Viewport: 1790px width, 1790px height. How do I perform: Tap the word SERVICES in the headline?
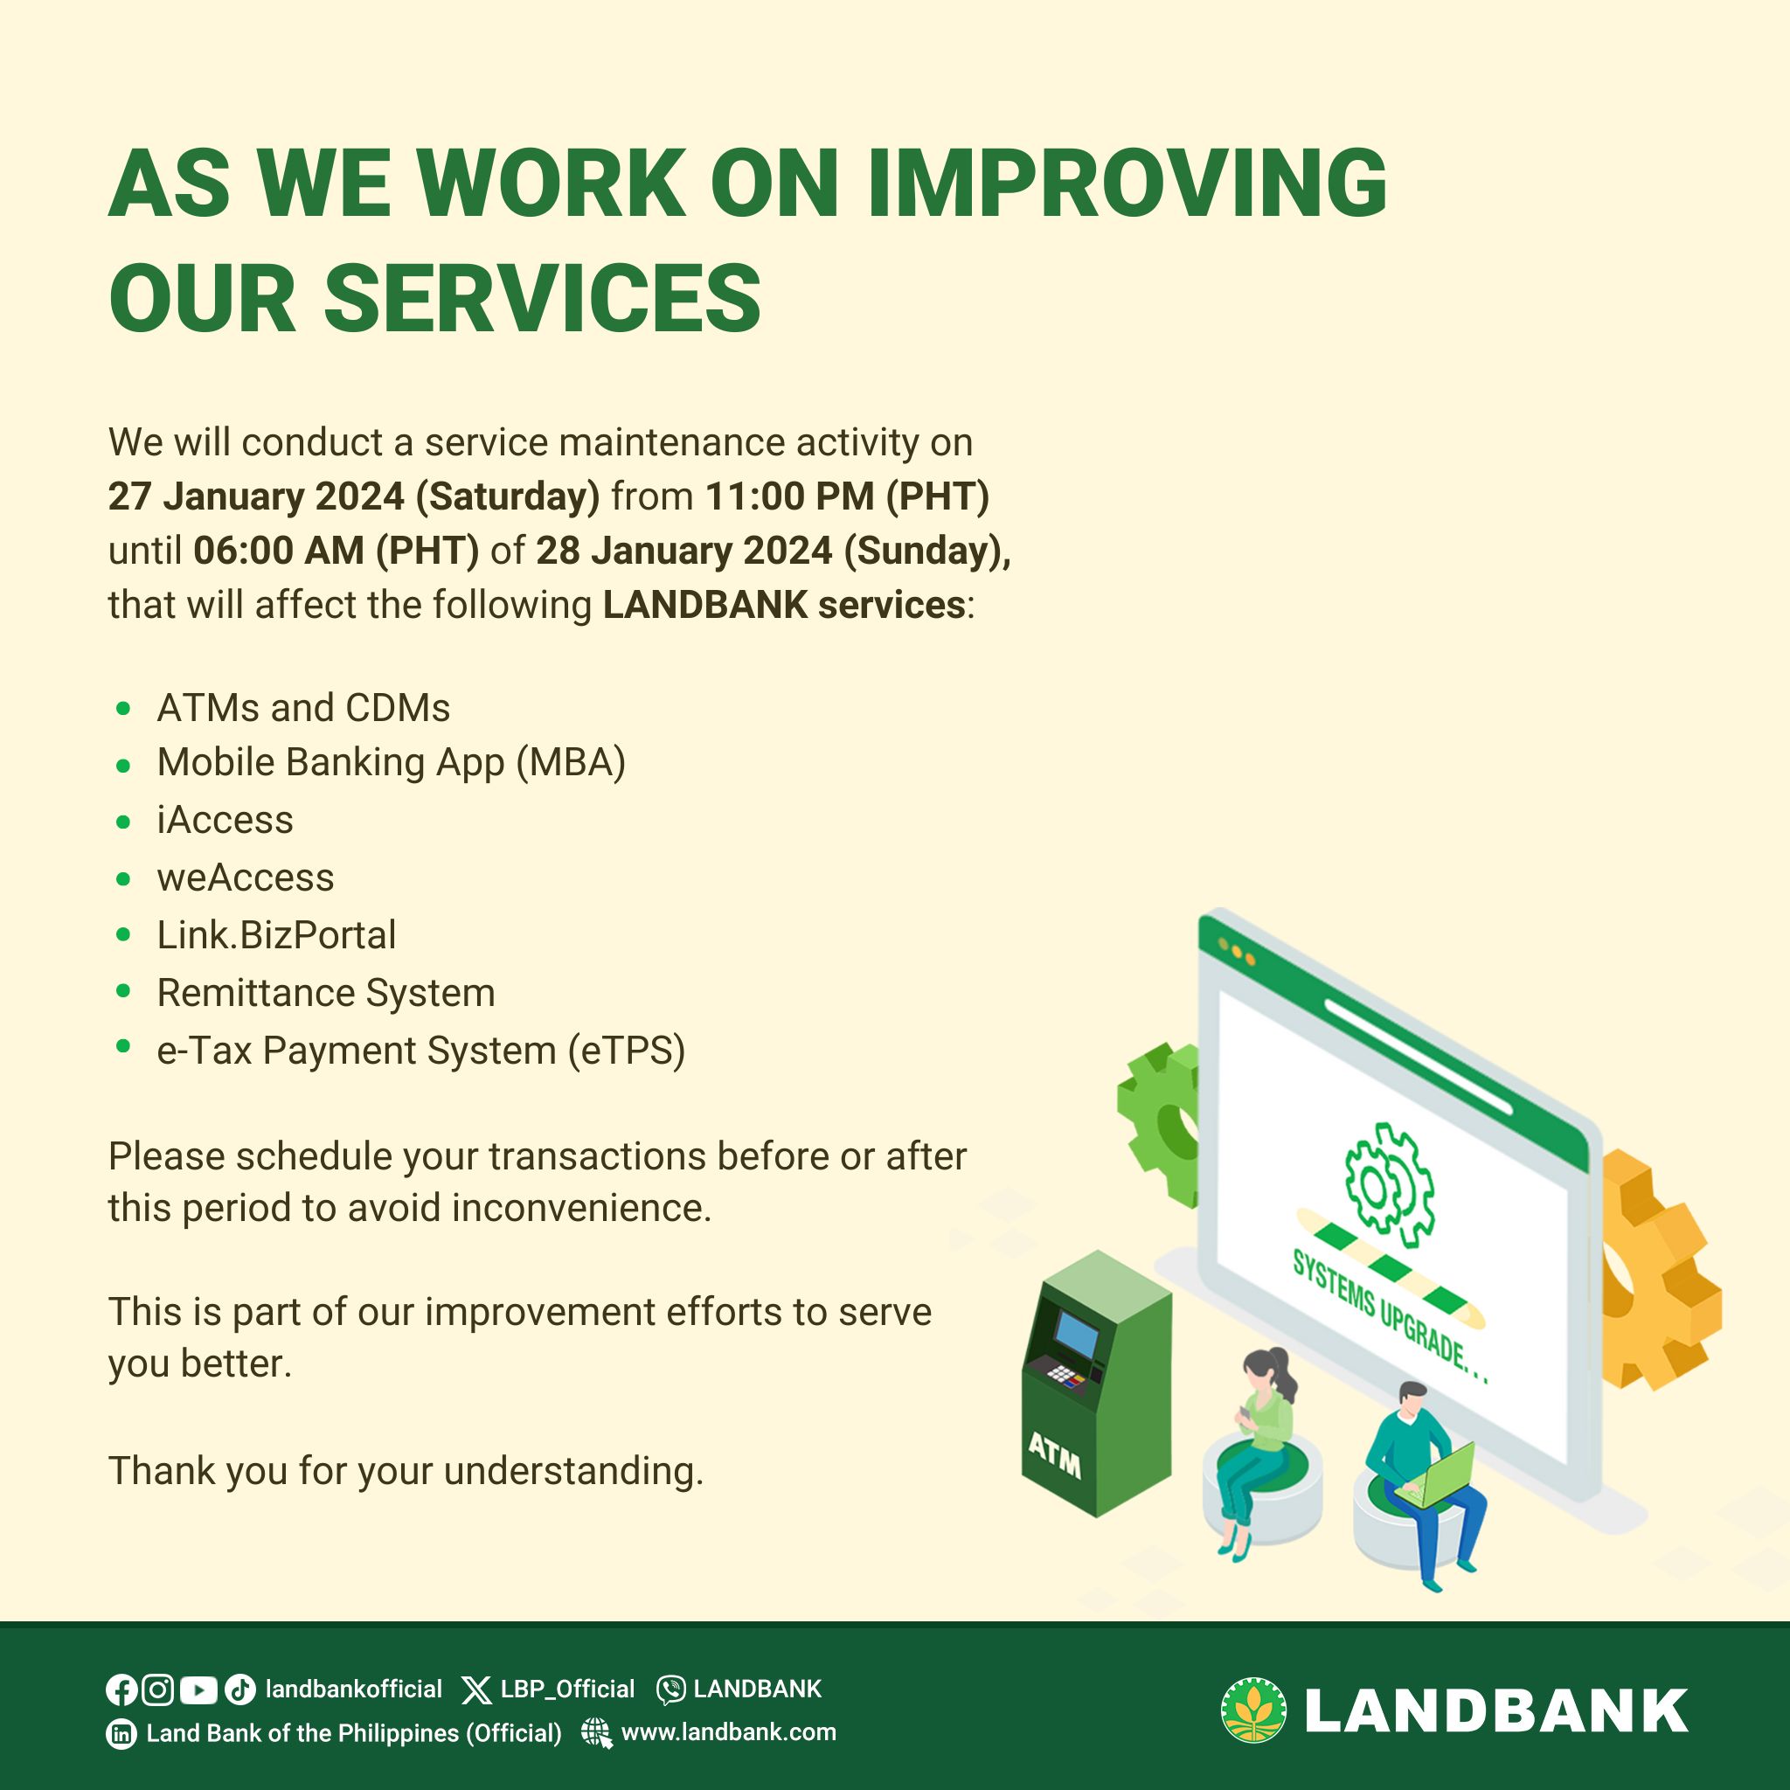click(542, 297)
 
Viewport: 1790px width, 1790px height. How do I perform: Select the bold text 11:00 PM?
click(790, 496)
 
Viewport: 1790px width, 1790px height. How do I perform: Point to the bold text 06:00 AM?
click(279, 551)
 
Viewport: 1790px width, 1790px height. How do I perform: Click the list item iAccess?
click(225, 820)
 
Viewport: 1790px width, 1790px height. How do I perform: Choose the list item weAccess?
click(246, 878)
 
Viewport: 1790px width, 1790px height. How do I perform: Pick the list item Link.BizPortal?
click(276, 935)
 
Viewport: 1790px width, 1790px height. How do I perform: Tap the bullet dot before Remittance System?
click(123, 991)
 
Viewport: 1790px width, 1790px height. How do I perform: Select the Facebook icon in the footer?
click(121, 1690)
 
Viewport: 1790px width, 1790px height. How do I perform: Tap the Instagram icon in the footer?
click(157, 1690)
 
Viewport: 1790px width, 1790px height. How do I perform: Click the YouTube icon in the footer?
click(198, 1691)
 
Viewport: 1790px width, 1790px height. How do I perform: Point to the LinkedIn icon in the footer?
click(121, 1733)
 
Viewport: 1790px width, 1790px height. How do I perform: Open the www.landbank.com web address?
click(728, 1732)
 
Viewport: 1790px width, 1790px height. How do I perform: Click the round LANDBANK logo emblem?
click(1253, 1710)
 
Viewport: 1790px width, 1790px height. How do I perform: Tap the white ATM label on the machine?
click(1054, 1455)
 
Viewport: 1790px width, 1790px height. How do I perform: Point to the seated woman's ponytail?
click(1285, 1373)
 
